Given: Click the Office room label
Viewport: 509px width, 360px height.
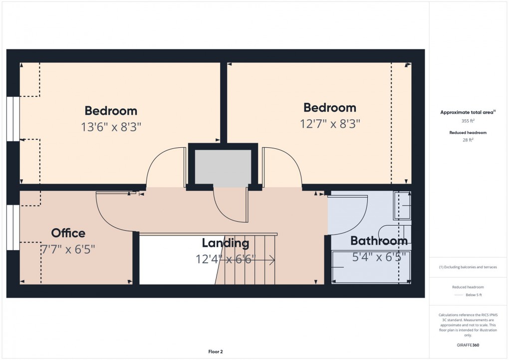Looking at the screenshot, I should click(x=68, y=233).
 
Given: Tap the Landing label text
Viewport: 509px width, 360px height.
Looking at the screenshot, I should click(x=225, y=244).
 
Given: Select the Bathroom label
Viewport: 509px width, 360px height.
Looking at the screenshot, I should click(x=379, y=241).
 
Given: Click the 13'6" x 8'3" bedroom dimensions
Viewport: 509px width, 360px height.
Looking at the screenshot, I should click(x=111, y=127).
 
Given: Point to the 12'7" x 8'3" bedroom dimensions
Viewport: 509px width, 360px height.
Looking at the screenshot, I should click(x=330, y=123).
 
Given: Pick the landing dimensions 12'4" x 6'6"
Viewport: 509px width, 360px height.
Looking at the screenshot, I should click(x=226, y=259).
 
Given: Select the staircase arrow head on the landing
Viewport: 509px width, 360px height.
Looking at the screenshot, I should click(x=272, y=260).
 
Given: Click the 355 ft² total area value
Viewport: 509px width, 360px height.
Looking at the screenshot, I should click(x=468, y=121).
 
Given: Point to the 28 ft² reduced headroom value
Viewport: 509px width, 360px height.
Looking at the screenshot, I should click(x=468, y=140).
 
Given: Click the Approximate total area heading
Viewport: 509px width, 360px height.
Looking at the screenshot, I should click(x=468, y=112).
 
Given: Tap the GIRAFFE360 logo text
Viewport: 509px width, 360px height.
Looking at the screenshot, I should click(x=468, y=345).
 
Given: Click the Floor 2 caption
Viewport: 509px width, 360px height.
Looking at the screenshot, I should click(x=216, y=352).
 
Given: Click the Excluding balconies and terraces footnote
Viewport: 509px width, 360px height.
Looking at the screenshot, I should click(x=468, y=267).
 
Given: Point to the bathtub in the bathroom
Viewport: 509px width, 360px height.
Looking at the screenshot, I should click(x=372, y=267).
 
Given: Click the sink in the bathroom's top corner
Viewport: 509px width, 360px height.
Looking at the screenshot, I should click(x=402, y=205).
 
